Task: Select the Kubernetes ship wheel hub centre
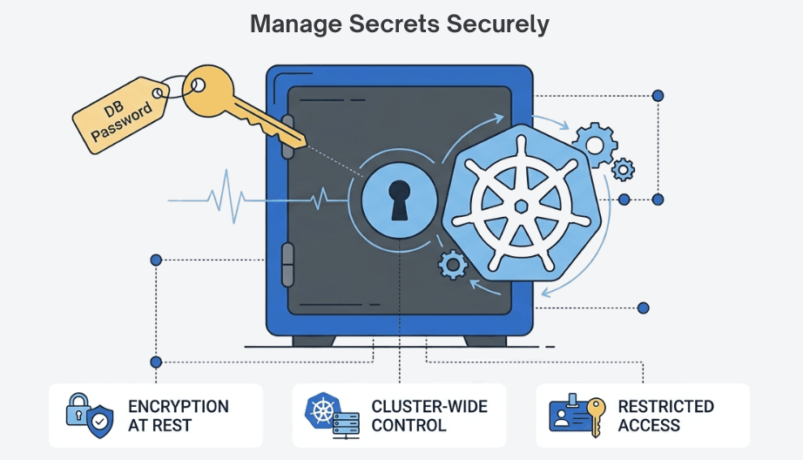click(520, 206)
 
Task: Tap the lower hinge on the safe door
click(288, 265)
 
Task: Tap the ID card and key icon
click(577, 415)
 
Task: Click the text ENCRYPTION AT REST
click(178, 416)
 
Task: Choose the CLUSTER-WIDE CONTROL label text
click(428, 416)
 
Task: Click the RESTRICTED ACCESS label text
click(665, 416)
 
